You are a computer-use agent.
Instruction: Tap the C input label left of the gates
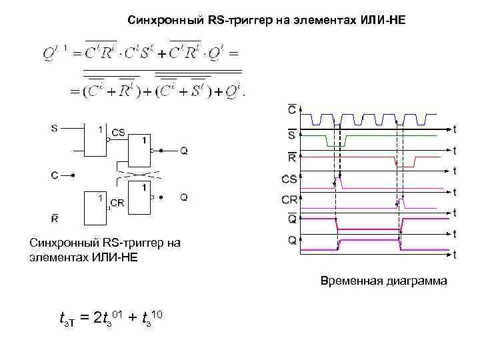pyautogui.click(x=54, y=175)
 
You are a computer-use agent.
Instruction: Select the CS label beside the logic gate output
pyautogui.click(x=118, y=133)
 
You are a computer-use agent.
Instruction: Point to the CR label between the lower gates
pyautogui.click(x=116, y=203)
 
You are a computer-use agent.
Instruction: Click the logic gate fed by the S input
pyautogui.click(x=94, y=141)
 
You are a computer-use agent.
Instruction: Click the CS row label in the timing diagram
pyautogui.click(x=290, y=179)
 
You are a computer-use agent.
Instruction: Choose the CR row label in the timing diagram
pyautogui.click(x=290, y=199)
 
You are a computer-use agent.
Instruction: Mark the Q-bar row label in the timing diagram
pyautogui.click(x=292, y=219)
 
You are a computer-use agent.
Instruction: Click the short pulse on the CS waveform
pyautogui.click(x=338, y=181)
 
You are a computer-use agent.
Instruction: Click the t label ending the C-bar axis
pyautogui.click(x=455, y=129)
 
